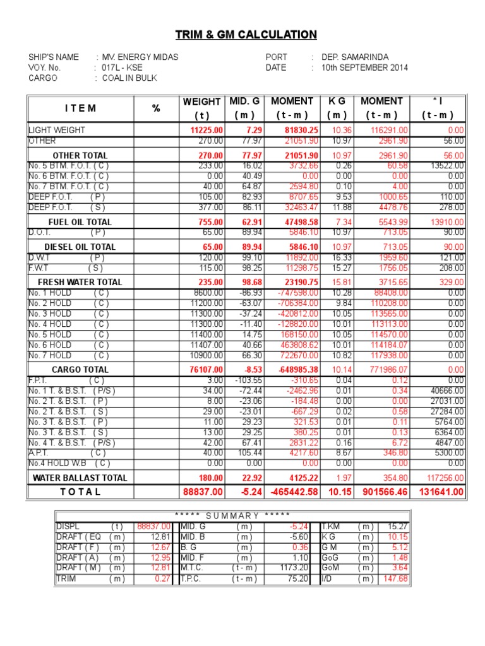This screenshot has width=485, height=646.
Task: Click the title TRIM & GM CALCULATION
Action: [x=246, y=35]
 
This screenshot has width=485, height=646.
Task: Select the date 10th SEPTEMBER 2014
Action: [x=364, y=68]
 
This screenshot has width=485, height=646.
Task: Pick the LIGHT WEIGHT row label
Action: [x=57, y=130]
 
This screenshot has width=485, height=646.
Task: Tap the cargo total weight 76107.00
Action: [x=207, y=370]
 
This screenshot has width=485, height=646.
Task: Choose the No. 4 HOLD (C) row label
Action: [x=68, y=324]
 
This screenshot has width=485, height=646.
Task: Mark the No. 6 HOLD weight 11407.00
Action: [x=208, y=345]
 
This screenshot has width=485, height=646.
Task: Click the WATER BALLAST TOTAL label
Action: [x=80, y=478]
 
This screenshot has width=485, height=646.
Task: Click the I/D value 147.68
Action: [x=396, y=578]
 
